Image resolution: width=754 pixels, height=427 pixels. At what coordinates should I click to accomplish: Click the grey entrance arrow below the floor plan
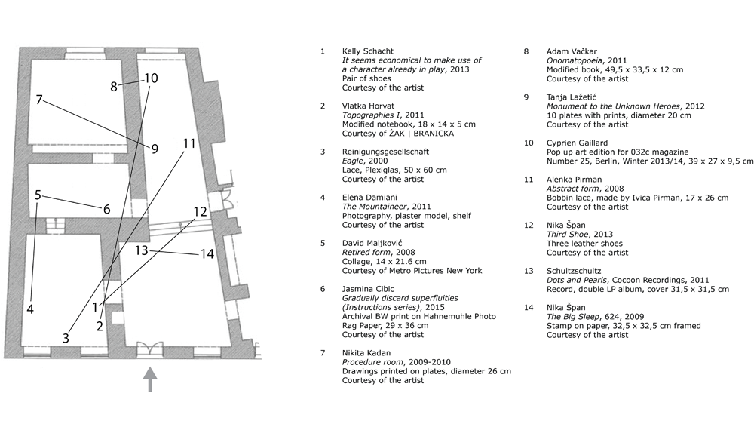151,379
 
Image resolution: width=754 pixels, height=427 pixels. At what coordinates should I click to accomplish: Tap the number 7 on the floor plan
38,99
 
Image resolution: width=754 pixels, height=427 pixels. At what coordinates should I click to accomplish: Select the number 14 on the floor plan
207,255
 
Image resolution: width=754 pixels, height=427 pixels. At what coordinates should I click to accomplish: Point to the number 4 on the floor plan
30,309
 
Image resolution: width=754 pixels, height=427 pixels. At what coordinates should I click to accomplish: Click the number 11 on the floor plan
188,143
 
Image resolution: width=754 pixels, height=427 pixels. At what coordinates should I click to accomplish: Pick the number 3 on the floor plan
66,338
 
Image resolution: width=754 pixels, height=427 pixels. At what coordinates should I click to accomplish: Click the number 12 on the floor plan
199,212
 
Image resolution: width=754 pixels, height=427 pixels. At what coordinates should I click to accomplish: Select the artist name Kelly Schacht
368,51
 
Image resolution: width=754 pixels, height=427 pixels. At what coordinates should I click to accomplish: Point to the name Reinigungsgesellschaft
385,152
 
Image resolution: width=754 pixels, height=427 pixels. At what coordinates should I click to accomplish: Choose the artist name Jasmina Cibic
368,289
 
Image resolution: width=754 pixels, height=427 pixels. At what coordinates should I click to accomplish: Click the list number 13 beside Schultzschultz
529,271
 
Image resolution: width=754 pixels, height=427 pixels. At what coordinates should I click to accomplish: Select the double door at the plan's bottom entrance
149,349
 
